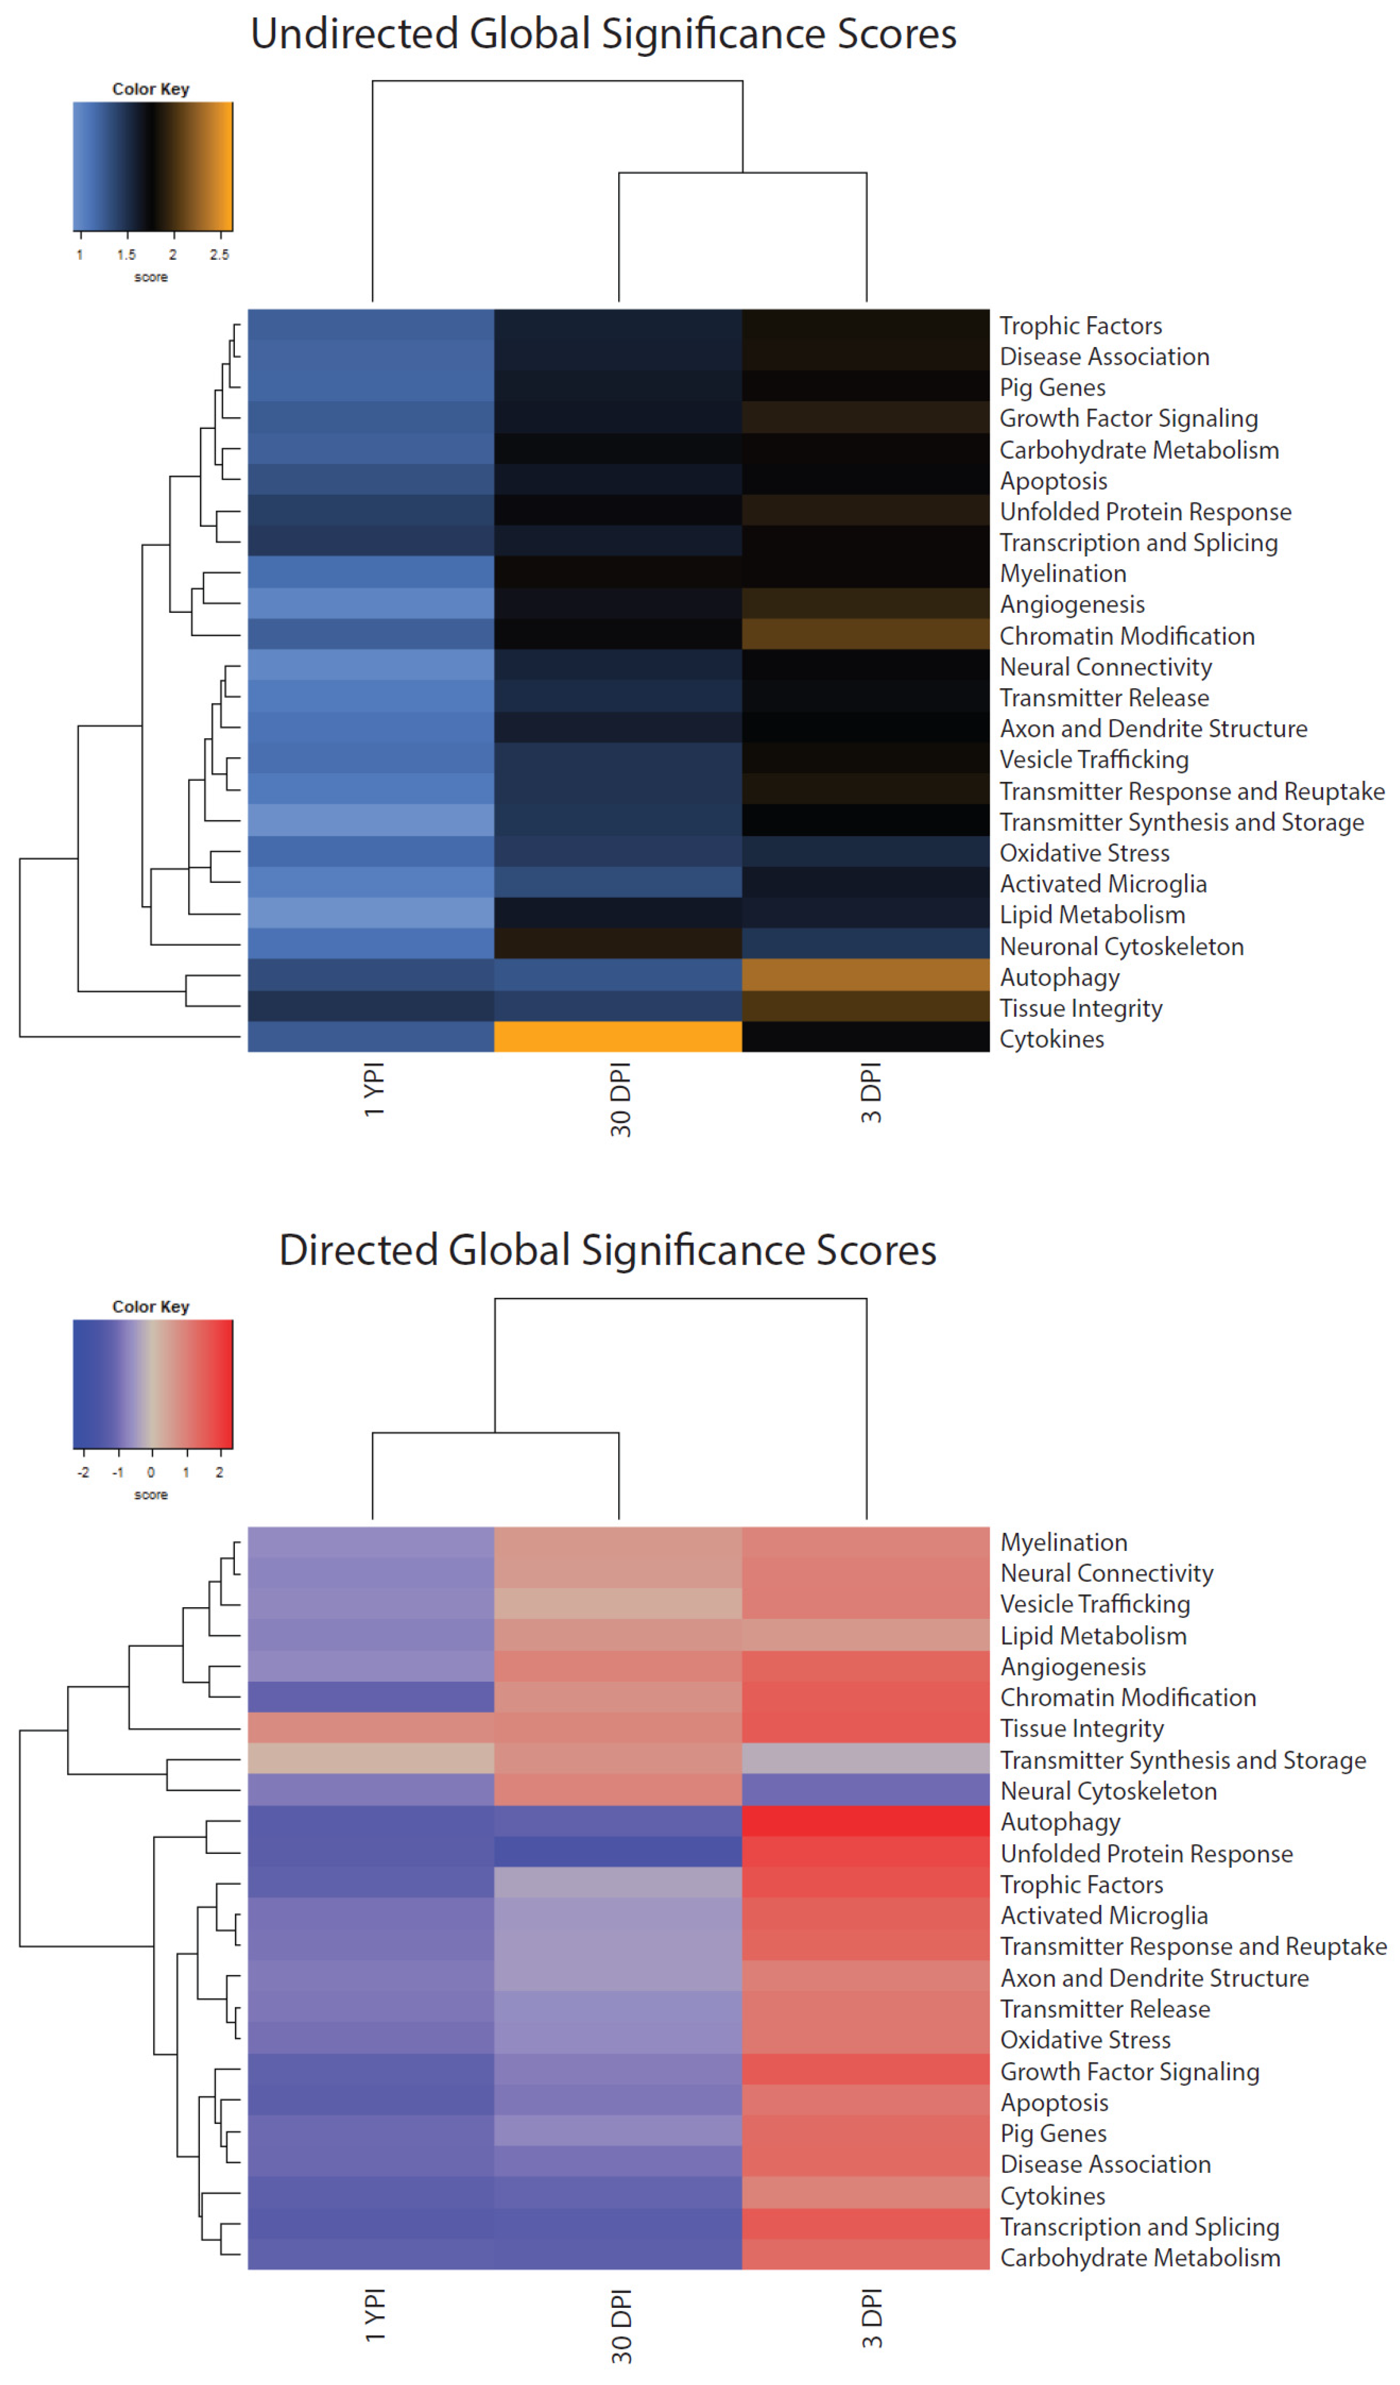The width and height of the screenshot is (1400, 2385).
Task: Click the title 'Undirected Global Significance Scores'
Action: [x=603, y=34]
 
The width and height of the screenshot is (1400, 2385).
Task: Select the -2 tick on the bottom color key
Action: [x=83, y=1473]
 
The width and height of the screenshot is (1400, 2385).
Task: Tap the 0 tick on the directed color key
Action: [x=150, y=1473]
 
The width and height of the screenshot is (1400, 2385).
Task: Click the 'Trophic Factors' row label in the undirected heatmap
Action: [x=1080, y=326]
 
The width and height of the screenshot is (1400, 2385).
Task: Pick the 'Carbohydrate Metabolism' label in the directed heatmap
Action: [x=1140, y=2258]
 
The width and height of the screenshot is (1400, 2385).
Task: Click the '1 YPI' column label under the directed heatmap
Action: [x=375, y=2316]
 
